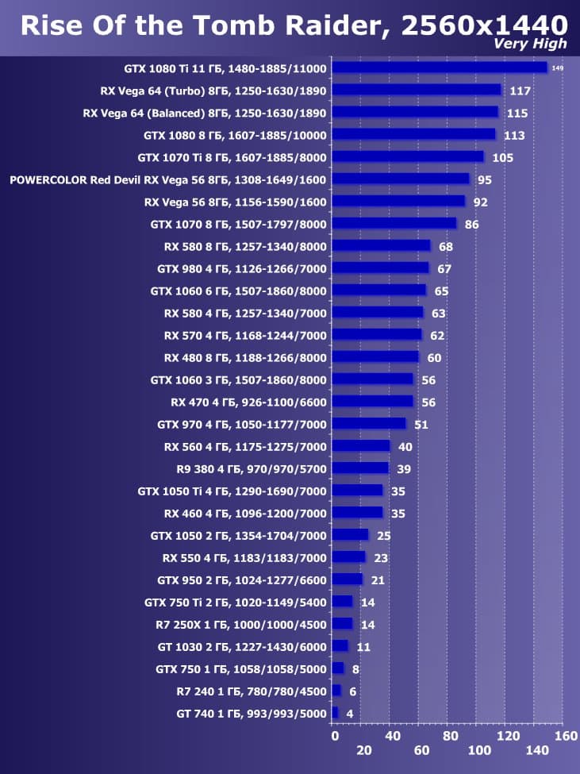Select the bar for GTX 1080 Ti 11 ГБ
click(440, 67)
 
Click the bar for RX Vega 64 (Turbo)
click(417, 90)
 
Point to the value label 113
click(514, 135)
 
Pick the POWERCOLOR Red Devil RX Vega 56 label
click(168, 179)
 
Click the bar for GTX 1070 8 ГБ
click(394, 224)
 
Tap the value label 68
click(446, 246)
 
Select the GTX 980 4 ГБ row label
click(242, 268)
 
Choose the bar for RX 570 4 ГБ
click(377, 335)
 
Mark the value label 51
click(421, 425)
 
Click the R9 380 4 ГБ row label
click(252, 468)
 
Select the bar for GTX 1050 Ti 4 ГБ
click(357, 491)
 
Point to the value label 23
click(381, 558)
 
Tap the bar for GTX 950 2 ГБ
click(347, 580)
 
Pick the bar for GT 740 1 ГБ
click(335, 713)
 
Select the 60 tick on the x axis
click(422, 750)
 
